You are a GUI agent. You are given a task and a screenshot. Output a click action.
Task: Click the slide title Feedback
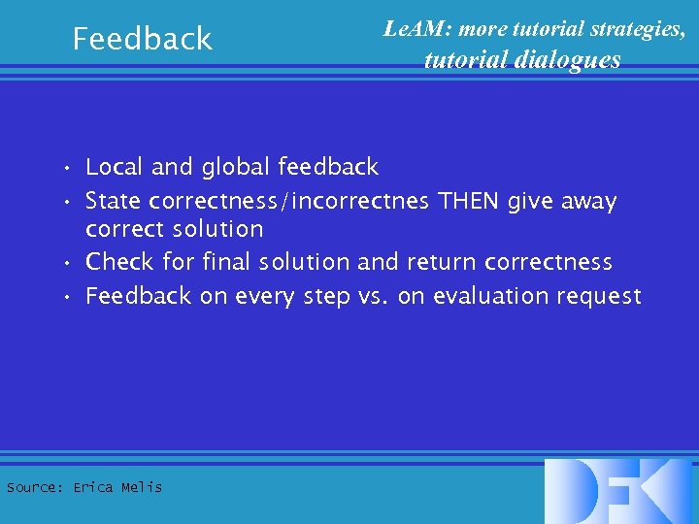coord(143,39)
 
